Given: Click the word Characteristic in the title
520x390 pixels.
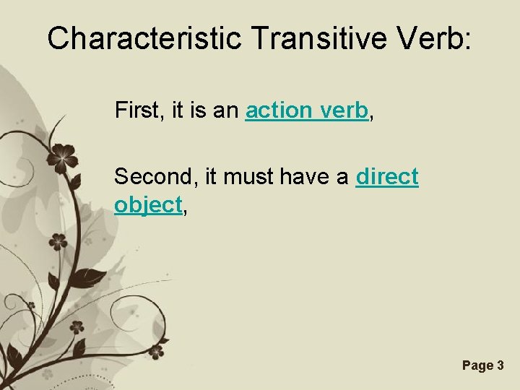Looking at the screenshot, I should [144, 38].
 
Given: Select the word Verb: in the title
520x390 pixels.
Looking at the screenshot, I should [435, 38].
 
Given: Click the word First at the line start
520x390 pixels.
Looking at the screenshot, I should [136, 111].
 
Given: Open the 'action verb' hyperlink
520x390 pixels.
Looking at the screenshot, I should [307, 111].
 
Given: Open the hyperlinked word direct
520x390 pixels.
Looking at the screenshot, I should [387, 176].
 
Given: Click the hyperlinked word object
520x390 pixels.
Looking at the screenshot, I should [147, 205].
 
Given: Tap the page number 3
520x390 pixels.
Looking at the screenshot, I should [500, 365].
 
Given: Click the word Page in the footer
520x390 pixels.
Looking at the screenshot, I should [477, 365].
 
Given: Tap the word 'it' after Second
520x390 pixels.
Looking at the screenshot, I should [208, 176].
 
